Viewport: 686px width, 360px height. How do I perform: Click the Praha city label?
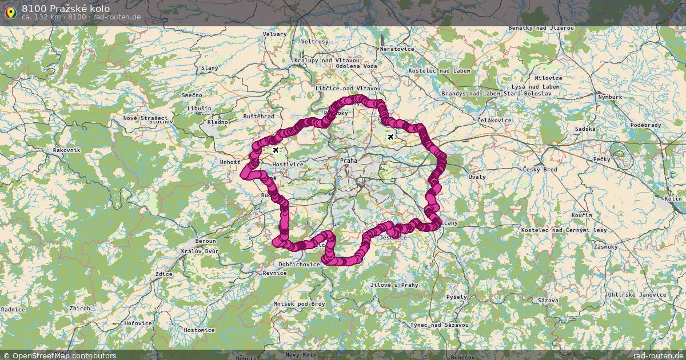click(348, 161)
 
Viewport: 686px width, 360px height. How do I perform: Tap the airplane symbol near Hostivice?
click(276, 150)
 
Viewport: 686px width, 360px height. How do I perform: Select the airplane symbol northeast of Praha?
click(390, 137)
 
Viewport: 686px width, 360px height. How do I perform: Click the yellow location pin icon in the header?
click(10, 12)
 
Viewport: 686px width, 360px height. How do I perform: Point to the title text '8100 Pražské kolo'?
click(66, 9)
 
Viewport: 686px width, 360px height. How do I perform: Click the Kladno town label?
click(218, 122)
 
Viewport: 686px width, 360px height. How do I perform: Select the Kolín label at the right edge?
click(673, 199)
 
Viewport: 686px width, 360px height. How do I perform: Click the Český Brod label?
click(540, 170)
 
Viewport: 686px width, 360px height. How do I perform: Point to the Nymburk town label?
click(609, 97)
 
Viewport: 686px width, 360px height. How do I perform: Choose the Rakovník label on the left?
click(66, 150)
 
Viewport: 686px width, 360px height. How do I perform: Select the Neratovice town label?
click(397, 49)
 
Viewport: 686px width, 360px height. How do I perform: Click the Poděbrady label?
click(645, 125)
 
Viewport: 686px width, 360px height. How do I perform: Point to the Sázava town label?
click(548, 300)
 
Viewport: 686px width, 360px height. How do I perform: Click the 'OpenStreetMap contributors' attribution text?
click(64, 355)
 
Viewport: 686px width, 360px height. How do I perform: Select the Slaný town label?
click(209, 67)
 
